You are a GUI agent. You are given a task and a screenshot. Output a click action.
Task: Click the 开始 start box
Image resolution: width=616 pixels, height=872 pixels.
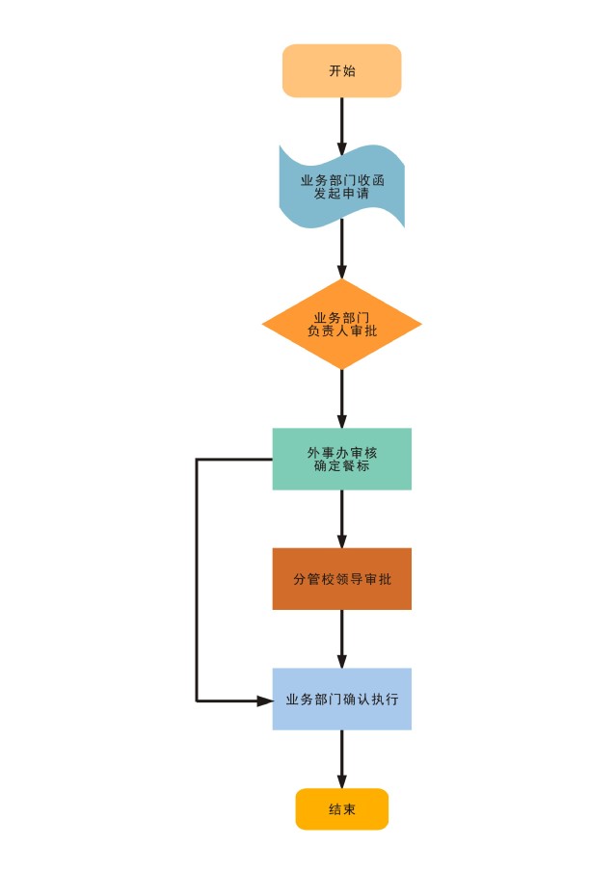click(x=341, y=70)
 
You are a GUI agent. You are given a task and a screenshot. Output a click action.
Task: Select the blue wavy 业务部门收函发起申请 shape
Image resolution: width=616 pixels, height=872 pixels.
click(x=341, y=187)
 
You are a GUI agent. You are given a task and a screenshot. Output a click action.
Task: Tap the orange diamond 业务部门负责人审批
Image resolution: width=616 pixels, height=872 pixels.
click(x=341, y=324)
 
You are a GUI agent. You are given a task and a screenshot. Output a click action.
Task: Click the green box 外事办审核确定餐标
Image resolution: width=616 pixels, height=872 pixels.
click(x=341, y=459)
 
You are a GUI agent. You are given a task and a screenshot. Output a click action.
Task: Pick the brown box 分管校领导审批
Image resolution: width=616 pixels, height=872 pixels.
click(x=341, y=579)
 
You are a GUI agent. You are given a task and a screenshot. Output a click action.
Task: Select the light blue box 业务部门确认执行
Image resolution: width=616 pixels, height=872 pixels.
click(x=341, y=700)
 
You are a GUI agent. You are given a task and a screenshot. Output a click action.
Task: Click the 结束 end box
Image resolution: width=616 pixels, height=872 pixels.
click(x=341, y=809)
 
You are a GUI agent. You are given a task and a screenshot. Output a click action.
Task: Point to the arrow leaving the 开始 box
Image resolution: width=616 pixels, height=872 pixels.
click(x=341, y=126)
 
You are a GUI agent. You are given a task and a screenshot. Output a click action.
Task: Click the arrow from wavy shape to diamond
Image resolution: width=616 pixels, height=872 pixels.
click(x=341, y=250)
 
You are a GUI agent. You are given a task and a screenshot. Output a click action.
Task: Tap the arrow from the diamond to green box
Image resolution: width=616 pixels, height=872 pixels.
click(x=341, y=399)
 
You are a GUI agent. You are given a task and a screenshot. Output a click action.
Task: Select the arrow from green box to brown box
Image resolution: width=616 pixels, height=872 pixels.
click(x=341, y=518)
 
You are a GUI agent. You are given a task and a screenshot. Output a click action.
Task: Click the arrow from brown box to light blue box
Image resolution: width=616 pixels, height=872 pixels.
click(x=341, y=639)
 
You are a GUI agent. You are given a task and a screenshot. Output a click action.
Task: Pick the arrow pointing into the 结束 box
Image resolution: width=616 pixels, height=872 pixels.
click(x=341, y=759)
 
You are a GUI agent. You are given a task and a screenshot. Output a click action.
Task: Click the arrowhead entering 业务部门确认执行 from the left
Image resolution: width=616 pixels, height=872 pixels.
click(x=265, y=700)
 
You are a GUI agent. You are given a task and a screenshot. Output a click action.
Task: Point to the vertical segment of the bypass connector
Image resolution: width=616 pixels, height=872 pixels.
click(x=197, y=579)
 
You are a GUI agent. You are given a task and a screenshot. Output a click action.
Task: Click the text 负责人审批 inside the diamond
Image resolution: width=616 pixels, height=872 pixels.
click(x=341, y=330)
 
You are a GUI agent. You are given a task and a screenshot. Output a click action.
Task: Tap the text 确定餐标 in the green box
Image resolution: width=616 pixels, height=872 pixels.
click(x=341, y=466)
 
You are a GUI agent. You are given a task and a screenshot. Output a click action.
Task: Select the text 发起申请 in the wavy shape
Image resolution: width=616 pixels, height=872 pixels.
click(x=341, y=194)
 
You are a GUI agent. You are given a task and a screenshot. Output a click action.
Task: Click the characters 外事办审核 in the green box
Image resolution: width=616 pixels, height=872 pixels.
click(x=341, y=453)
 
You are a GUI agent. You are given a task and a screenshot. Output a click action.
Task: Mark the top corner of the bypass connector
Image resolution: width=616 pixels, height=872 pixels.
click(x=197, y=460)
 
